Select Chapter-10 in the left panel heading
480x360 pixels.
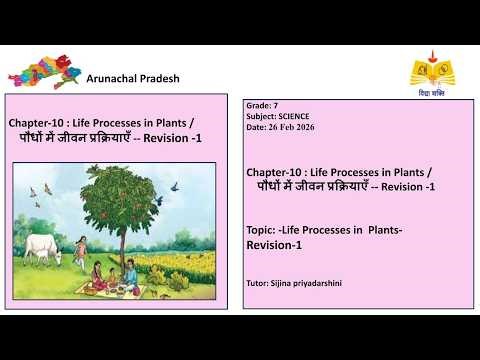(x=37, y=123)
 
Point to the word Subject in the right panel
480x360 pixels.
(x=261, y=116)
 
